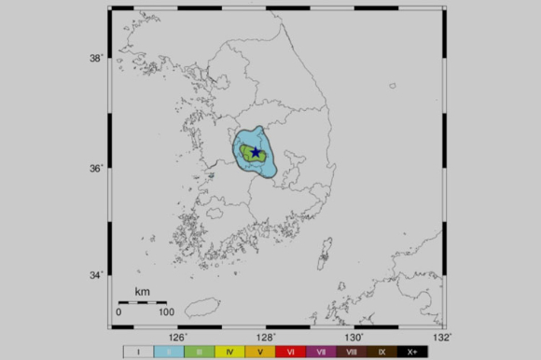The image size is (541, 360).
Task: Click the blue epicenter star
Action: (x=256, y=152)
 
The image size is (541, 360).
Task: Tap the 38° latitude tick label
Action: (x=95, y=58)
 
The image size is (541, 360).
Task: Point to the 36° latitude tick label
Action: (x=95, y=168)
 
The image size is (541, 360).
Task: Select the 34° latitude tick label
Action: (x=95, y=275)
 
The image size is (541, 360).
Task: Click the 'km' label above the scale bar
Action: (x=142, y=292)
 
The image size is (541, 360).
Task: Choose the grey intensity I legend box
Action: (x=138, y=353)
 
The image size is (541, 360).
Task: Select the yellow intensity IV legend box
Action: (x=229, y=353)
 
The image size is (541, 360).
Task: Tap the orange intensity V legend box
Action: (x=260, y=353)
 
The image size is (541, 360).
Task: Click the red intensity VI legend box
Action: (x=291, y=353)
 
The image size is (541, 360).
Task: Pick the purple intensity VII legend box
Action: (x=321, y=353)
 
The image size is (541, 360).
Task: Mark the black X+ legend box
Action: (x=412, y=353)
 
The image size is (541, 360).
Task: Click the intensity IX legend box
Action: (x=382, y=353)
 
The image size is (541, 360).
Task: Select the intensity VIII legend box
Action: (x=352, y=353)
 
